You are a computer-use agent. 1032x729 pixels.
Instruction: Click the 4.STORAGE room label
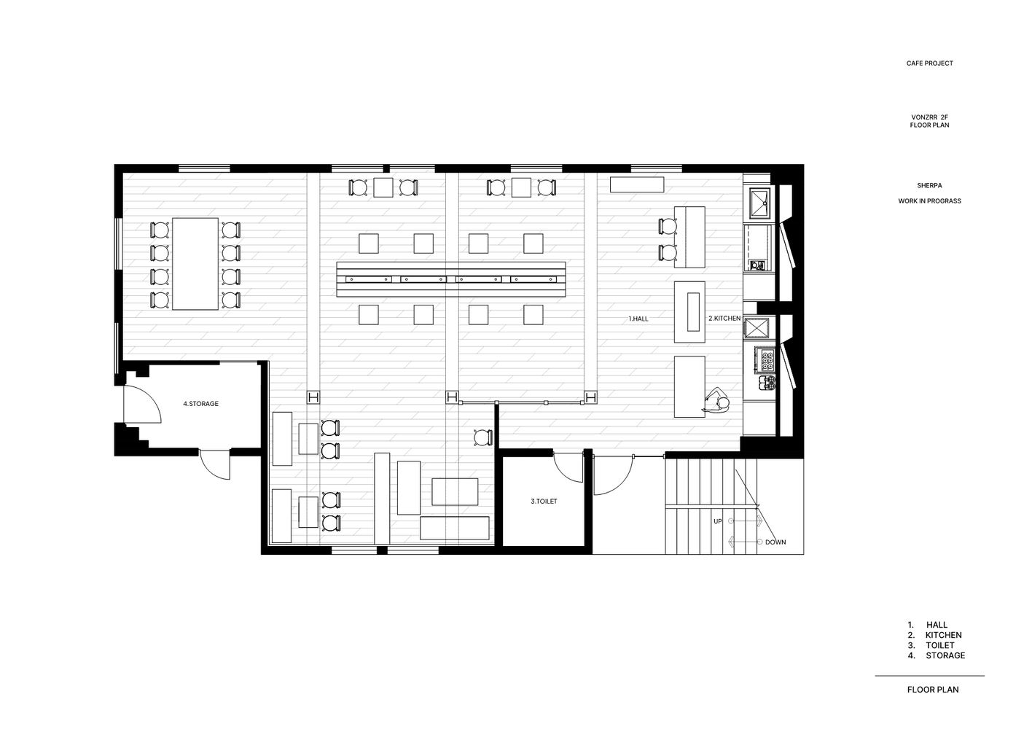click(x=201, y=404)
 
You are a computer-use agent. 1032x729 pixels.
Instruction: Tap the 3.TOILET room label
click(x=544, y=502)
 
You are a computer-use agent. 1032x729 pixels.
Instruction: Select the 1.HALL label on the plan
click(x=638, y=319)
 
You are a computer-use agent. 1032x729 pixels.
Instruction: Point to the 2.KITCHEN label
click(x=724, y=319)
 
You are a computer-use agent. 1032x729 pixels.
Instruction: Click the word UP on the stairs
click(x=718, y=521)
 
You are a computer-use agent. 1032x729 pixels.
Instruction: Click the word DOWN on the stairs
click(x=775, y=542)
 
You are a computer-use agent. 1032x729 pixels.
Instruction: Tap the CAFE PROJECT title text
click(x=929, y=63)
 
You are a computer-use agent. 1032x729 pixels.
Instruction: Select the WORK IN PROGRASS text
click(x=929, y=201)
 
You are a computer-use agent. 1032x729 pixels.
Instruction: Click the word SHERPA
click(x=929, y=186)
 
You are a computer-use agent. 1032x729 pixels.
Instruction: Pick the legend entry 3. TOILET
click(x=931, y=646)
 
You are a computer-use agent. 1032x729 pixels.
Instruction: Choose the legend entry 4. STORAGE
click(x=937, y=655)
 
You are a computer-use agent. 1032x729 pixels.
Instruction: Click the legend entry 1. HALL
click(x=928, y=625)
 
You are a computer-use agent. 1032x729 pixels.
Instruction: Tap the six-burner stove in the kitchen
click(x=765, y=360)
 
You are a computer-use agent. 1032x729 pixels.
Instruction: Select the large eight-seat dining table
click(x=195, y=264)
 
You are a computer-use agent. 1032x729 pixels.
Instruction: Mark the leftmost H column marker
click(x=313, y=397)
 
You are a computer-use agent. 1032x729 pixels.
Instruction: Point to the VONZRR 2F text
click(x=929, y=117)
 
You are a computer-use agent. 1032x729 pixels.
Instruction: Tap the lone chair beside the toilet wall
click(x=483, y=437)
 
